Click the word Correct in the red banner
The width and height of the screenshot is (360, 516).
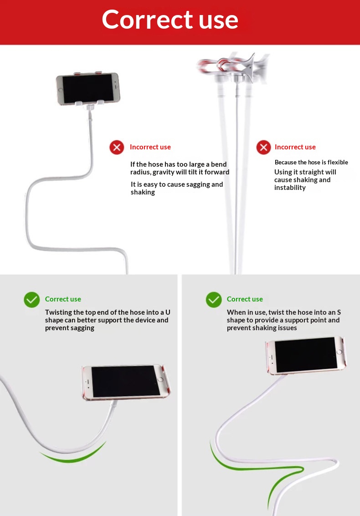click(147, 20)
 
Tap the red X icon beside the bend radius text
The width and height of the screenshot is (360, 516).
click(117, 147)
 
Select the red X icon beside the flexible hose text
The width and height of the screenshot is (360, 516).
click(263, 147)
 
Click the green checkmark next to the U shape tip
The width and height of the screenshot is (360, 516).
click(31, 300)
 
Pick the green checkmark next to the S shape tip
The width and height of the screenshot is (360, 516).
click(214, 300)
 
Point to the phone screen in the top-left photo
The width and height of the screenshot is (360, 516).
click(87, 88)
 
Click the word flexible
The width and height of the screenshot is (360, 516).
click(338, 162)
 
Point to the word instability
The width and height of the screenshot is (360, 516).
click(290, 188)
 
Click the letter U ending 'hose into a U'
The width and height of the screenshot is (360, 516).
click(168, 312)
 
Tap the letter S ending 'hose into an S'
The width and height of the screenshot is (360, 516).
click(339, 312)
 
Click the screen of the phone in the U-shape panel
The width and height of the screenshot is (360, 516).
click(126, 382)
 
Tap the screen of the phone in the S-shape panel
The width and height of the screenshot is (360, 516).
click(306, 354)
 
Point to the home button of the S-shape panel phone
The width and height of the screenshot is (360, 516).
click(339, 352)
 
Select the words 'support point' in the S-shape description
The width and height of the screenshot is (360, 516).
click(305, 320)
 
